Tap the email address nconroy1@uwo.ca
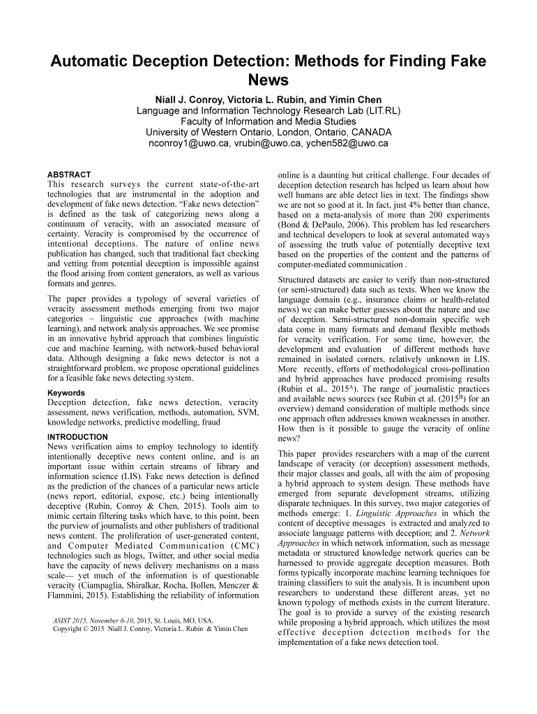tap(186, 144)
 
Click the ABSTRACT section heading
tap(68, 174)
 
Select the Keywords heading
tap(66, 393)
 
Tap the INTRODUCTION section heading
tap(77, 437)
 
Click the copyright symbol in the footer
tap(86, 629)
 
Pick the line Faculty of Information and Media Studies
tap(268, 121)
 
